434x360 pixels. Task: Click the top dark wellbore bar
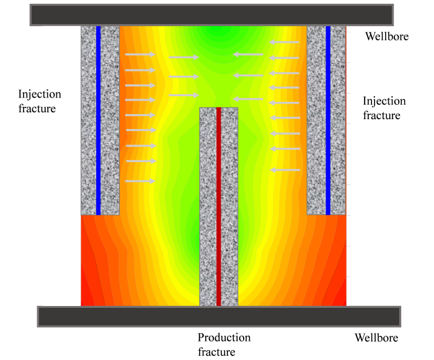[x=211, y=15]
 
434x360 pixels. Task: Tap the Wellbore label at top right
[x=386, y=37]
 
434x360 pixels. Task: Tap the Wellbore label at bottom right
[x=376, y=338]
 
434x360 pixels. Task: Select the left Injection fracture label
[x=40, y=101]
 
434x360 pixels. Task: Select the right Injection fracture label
[x=384, y=108]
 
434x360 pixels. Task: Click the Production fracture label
[x=224, y=345]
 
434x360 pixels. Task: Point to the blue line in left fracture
[x=98, y=118]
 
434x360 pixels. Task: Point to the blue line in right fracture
[x=328, y=118]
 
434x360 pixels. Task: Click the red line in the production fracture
[x=218, y=205]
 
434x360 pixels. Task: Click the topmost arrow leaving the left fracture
[x=140, y=55]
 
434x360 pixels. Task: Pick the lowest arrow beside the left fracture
[x=140, y=181]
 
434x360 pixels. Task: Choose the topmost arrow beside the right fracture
[x=285, y=43]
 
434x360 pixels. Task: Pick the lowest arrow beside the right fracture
[x=285, y=169]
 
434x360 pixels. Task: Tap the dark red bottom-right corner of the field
[x=340, y=298]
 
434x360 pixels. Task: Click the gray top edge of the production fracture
[x=218, y=109]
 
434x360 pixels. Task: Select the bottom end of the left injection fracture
[x=99, y=213]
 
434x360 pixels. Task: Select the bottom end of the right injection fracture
[x=327, y=213]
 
